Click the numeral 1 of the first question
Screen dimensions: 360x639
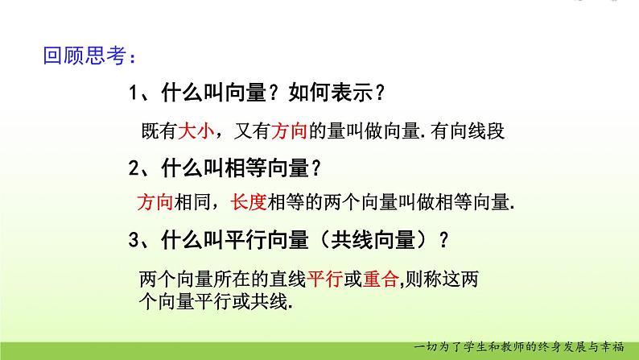coord(134,94)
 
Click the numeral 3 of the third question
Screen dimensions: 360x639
coord(134,240)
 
